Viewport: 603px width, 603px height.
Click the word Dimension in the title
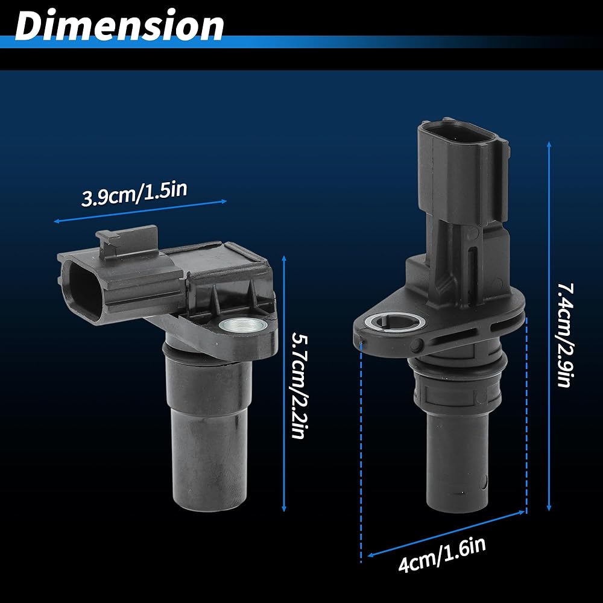tap(119, 25)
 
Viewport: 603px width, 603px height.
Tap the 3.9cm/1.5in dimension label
tap(134, 194)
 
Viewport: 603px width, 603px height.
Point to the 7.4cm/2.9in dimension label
tap(565, 335)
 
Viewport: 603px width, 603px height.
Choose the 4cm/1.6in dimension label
tap(442, 554)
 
